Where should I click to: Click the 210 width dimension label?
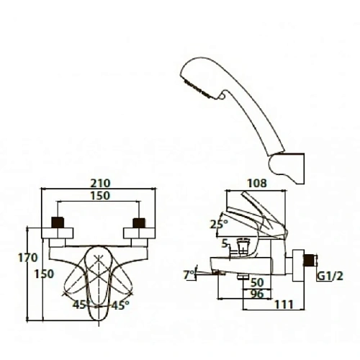pos(100,184)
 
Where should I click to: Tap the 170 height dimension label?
pos(28,258)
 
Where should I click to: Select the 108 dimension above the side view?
pos(257,184)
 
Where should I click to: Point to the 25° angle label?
pos(219,225)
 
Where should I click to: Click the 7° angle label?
pos(189,275)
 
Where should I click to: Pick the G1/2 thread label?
pos(330,276)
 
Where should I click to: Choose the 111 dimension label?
pos(284,305)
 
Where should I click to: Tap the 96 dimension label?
pos(257,294)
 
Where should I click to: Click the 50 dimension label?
pos(257,283)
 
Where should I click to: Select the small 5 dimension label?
pos(225,244)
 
